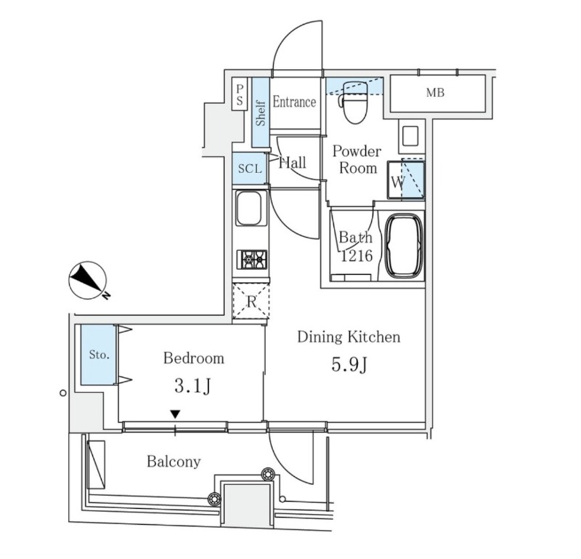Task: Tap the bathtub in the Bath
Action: coord(404,245)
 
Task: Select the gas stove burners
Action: coord(251,260)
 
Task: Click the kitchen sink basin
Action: coord(248,208)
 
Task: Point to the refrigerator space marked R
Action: coord(251,302)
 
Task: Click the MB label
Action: coord(435,92)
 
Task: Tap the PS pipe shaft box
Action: coord(240,94)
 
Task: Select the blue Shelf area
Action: coord(261,113)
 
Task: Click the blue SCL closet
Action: coord(250,169)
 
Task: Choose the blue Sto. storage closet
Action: coord(98,355)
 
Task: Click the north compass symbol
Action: coord(88,280)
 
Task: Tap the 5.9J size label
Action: coord(349,365)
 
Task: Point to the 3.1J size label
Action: coord(192,386)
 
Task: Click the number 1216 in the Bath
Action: coord(357,256)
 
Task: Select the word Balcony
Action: coord(174,462)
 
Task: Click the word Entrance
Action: coord(294,102)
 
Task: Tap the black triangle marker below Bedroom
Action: coord(175,414)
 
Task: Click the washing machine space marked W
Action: coord(406,180)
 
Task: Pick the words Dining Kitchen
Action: coord(349,337)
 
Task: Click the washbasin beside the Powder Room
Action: coord(410,136)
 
